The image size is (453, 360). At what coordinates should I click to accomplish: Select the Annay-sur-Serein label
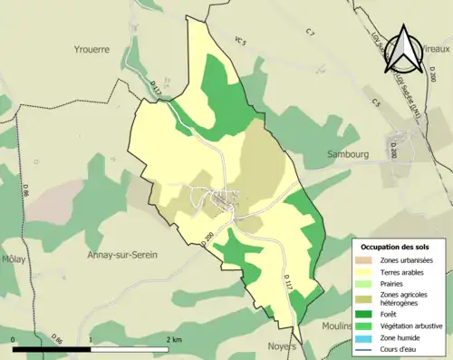(122, 255)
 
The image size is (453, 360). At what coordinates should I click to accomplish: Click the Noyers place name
(282, 346)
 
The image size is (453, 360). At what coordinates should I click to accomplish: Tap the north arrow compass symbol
(404, 50)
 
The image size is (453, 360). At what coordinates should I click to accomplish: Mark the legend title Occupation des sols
(395, 248)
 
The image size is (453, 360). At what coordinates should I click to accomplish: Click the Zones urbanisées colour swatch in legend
(368, 260)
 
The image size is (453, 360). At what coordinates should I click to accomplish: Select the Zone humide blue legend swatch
(368, 338)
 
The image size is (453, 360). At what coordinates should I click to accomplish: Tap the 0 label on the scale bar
(14, 339)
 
